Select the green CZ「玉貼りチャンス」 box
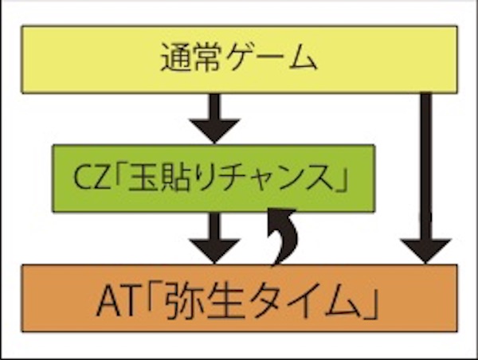click(x=214, y=178)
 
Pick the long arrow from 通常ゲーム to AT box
click(x=426, y=175)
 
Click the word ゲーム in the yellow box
click(x=267, y=60)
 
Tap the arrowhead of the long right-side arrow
click(x=426, y=250)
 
